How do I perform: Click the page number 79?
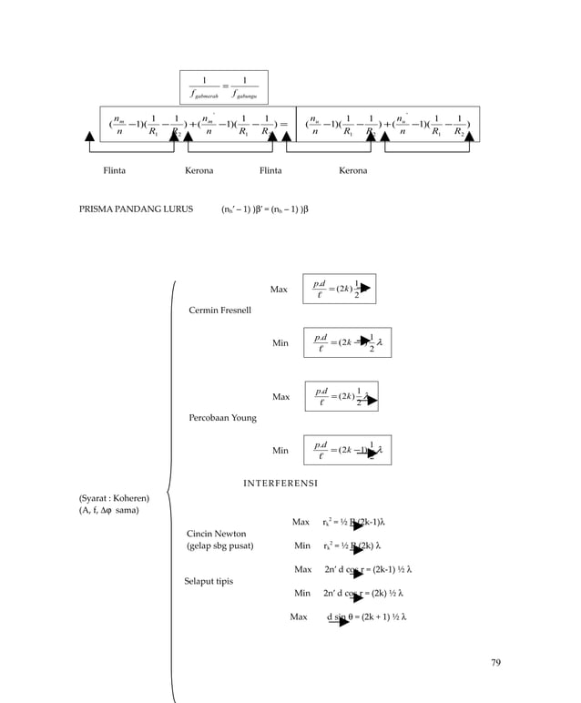495,662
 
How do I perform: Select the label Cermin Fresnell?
220,311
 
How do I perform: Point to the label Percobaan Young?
223,418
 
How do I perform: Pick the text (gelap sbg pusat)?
219,546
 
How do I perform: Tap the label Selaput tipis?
209,580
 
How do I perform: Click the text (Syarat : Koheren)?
114,498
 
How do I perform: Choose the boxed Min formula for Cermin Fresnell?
348,343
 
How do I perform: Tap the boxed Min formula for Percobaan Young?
348,450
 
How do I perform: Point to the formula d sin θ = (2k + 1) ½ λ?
366,616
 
